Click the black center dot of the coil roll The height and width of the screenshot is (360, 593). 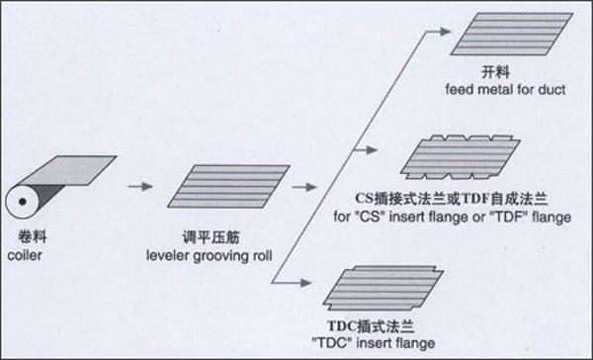[x=23, y=202]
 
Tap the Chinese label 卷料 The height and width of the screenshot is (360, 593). [x=33, y=237]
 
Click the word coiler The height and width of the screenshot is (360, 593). [x=25, y=255]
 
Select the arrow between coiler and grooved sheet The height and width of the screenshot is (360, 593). [x=140, y=186]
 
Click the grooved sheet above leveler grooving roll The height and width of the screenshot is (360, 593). [x=229, y=186]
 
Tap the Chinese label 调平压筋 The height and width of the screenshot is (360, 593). [x=212, y=237]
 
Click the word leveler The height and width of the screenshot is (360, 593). [x=168, y=255]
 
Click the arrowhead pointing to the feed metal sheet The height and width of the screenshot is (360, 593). [x=445, y=32]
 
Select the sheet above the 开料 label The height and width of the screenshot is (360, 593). [x=512, y=34]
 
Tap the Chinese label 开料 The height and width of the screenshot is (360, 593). [x=495, y=72]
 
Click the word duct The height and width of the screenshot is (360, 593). [x=552, y=90]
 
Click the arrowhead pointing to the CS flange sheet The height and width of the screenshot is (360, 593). [x=372, y=150]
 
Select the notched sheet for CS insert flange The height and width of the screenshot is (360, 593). [x=461, y=157]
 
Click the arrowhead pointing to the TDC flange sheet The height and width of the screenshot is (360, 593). [x=305, y=283]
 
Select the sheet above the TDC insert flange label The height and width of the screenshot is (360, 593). [x=383, y=288]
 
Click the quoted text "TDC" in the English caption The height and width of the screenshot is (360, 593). [x=332, y=343]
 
